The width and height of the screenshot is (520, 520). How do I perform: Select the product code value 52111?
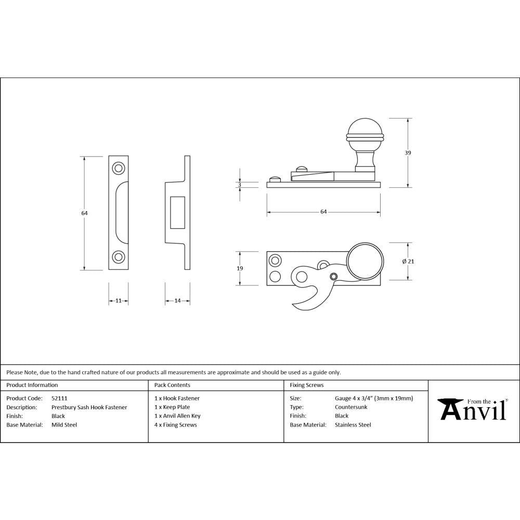[59, 398]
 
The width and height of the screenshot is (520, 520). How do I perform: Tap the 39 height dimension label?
[408, 152]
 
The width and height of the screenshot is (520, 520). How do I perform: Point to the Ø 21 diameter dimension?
[408, 261]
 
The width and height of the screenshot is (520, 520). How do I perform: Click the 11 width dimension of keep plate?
[119, 301]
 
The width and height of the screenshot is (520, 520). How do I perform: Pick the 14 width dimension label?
[177, 301]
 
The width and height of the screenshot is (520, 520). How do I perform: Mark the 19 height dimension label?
[240, 268]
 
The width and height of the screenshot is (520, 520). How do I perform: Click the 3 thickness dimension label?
[240, 185]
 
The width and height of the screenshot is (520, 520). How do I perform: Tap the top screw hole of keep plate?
[119, 168]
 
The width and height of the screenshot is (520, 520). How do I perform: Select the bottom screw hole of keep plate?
[119, 257]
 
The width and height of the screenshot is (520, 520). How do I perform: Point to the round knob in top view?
[366, 261]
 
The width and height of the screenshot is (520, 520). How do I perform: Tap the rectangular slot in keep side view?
[177, 212]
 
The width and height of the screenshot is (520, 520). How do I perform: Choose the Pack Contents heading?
[172, 385]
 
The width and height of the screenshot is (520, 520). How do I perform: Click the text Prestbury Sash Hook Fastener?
[89, 407]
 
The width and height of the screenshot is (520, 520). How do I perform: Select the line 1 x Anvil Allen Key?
[177, 416]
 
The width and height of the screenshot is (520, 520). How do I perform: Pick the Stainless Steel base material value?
[353, 425]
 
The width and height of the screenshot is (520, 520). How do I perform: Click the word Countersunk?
[351, 407]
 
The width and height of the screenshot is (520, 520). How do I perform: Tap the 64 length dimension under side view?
[323, 212]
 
